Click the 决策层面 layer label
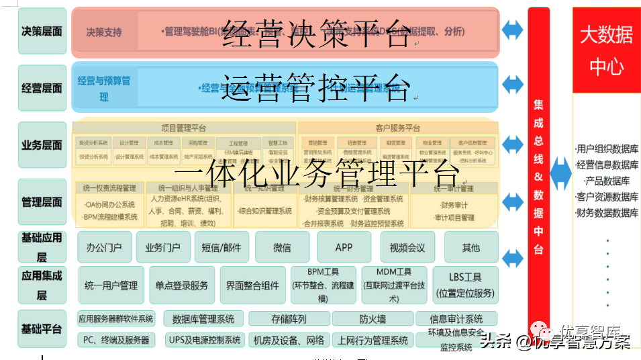click(42, 31)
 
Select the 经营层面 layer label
click(42, 88)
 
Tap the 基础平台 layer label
click(42, 328)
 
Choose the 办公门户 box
click(104, 247)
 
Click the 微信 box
click(282, 247)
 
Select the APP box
click(344, 247)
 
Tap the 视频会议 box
click(407, 247)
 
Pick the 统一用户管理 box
click(111, 285)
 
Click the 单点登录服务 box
click(182, 285)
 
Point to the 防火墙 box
click(373, 319)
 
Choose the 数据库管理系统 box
click(203, 319)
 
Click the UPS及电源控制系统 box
click(204, 340)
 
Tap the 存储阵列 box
click(289, 319)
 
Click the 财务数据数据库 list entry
click(607, 213)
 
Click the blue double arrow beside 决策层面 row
click(513, 30)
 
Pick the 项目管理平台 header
click(184, 128)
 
